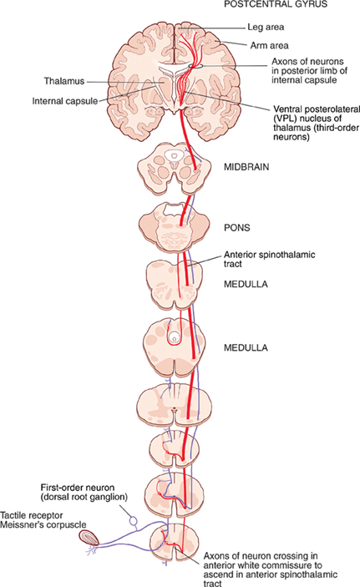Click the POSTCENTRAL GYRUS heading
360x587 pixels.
(x=276, y=4)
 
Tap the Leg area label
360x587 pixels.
(x=266, y=27)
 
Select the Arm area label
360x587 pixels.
(x=269, y=46)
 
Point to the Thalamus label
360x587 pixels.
(x=64, y=81)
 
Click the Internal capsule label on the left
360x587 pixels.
(x=65, y=101)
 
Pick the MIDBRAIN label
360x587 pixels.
(x=246, y=167)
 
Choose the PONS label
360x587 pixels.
(x=236, y=228)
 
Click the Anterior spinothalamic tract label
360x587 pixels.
(x=269, y=259)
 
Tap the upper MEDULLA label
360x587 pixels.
(x=246, y=284)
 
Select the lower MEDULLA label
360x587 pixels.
(x=246, y=348)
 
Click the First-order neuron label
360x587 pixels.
(x=78, y=488)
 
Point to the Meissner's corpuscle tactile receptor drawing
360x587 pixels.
(x=89, y=537)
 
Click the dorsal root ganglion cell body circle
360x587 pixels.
(x=133, y=520)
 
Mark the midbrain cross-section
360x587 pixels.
(x=173, y=169)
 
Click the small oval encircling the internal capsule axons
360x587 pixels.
(x=196, y=66)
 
